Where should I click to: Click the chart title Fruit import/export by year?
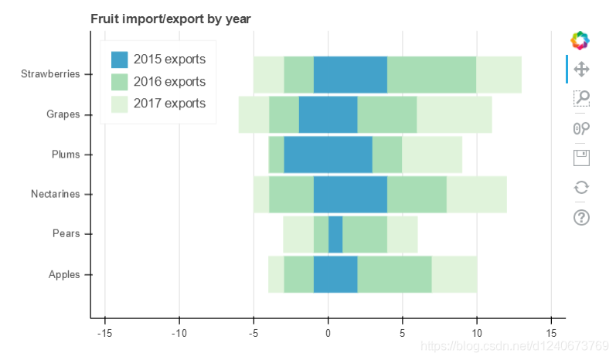[x=170, y=18]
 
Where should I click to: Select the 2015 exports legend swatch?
[x=119, y=59]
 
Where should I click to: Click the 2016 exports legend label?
[x=169, y=81]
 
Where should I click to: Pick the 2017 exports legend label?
[x=169, y=103]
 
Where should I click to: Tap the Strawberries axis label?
[x=50, y=74]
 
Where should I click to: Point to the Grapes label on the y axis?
[x=63, y=114]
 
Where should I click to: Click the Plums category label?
[x=65, y=155]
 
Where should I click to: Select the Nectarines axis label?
[x=55, y=194]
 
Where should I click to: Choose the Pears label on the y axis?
[x=66, y=233]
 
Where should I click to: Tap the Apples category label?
[x=63, y=274]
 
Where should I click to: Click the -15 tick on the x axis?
[x=104, y=334]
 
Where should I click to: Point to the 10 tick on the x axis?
[x=476, y=334]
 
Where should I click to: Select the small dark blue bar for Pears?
[x=335, y=234]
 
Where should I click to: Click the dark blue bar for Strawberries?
[x=350, y=75]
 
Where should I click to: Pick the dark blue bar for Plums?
[x=328, y=155]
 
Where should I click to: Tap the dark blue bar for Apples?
[x=335, y=274]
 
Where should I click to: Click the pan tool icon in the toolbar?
[x=581, y=69]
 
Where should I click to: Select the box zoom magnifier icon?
[x=581, y=98]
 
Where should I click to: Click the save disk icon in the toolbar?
[x=581, y=158]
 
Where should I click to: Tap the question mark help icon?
[x=581, y=217]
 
